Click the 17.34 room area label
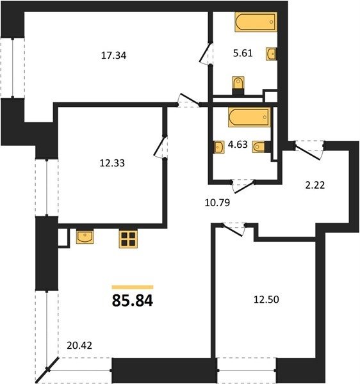coord(114,56)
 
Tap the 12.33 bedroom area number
coord(112,163)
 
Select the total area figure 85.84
coord(133,301)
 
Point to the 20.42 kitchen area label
coord(79,346)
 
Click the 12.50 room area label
coord(266,300)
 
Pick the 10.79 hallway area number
coord(217,203)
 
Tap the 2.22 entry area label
coord(315,185)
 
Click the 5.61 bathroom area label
coord(243,53)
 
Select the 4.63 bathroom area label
coord(238,145)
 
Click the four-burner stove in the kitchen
coord(128,239)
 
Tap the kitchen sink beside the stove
coord(85,237)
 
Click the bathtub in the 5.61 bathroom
coord(256,22)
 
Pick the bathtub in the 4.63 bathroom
coord(249,117)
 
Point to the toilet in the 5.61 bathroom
coord(238,86)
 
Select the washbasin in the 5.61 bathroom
coord(272,54)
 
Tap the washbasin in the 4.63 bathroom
coord(219,147)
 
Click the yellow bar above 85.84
coord(133,287)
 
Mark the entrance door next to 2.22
coord(308,151)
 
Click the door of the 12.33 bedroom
coord(160,147)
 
